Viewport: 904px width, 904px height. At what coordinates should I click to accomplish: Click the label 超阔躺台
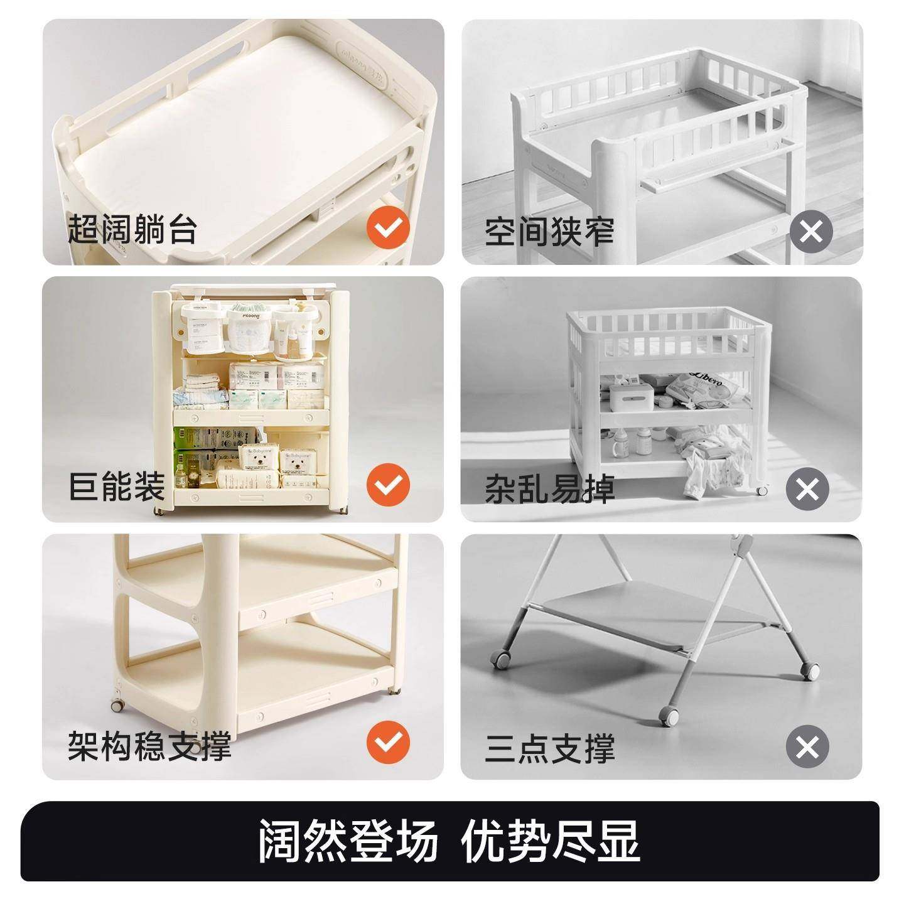coord(132,229)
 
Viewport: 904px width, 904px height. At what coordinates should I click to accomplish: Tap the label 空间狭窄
coord(549,232)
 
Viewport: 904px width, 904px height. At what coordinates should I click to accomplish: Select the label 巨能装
coord(117,487)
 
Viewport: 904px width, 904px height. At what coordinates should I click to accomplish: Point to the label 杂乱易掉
coord(549,490)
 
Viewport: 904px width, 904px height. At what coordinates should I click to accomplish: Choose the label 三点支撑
coord(549,748)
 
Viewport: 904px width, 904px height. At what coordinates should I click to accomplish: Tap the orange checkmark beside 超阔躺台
coord(388,229)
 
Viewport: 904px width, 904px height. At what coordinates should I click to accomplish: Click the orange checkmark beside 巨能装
coord(388,485)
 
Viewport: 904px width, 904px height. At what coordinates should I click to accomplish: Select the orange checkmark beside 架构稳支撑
coord(388,743)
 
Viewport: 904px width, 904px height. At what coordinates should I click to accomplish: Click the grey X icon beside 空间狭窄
coord(810,232)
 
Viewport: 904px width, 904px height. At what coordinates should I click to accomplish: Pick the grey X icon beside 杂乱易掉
coord(807,489)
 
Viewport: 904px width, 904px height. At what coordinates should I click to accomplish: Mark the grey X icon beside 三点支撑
coord(807,747)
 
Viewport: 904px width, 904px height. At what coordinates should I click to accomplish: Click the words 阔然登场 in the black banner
coord(348,841)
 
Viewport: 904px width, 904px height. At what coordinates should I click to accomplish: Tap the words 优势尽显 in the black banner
coord(551,841)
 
